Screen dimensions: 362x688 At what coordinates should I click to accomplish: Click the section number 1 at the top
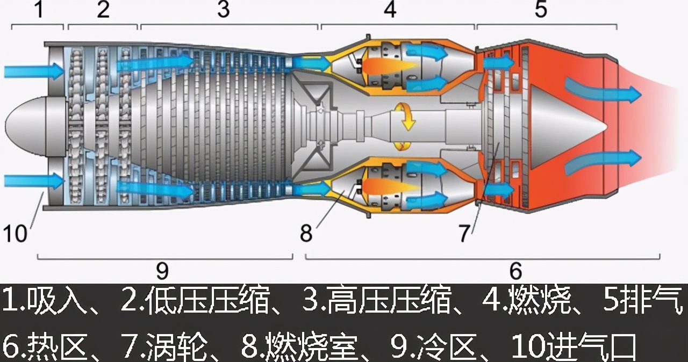click(x=39, y=10)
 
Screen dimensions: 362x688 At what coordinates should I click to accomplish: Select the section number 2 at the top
click(x=103, y=10)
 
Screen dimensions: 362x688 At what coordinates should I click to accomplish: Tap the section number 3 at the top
click(x=224, y=10)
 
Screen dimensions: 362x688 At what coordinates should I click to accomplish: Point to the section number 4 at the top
click(x=391, y=10)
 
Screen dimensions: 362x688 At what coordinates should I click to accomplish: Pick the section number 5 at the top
click(x=541, y=10)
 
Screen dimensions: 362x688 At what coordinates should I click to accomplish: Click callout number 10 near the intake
click(x=16, y=233)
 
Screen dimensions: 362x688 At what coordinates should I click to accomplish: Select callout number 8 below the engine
click(x=306, y=233)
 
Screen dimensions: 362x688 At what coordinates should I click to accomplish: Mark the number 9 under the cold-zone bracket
click(x=162, y=271)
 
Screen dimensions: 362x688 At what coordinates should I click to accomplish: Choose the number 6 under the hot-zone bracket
click(x=515, y=271)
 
